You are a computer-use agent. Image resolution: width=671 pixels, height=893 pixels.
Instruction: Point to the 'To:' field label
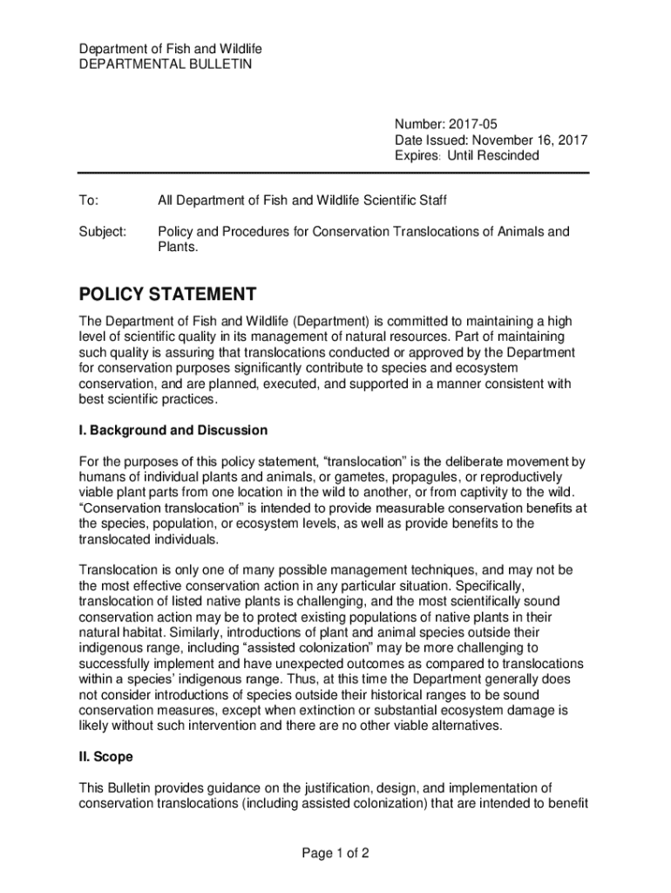[x=89, y=201]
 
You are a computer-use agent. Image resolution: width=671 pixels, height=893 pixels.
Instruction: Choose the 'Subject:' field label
[x=103, y=232]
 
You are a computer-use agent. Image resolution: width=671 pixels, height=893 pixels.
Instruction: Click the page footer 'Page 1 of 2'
[x=335, y=854]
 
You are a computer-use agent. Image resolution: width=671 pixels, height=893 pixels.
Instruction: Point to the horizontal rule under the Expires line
[x=334, y=173]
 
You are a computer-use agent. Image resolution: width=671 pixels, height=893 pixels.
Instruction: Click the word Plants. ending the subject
[x=178, y=248]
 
